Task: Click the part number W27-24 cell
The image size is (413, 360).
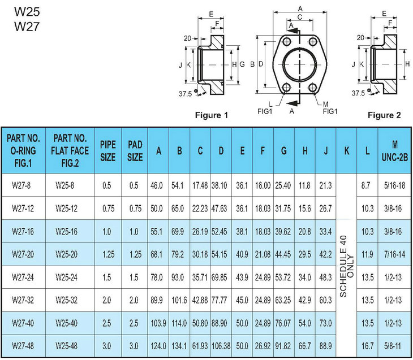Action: point(23,277)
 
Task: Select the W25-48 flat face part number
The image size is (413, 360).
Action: point(66,345)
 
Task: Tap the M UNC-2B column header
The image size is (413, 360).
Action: point(394,151)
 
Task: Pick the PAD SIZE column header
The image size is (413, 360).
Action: point(135,151)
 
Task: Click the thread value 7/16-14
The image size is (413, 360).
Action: point(394,254)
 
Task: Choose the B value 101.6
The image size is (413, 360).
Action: point(179,300)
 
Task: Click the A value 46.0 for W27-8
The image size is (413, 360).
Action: point(157,185)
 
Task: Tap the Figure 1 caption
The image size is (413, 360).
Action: point(211,115)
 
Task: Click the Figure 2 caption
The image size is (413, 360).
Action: point(384,115)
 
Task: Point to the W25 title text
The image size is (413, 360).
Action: point(27,11)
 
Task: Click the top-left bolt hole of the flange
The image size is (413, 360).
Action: point(287,42)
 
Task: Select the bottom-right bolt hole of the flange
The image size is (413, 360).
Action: point(313,87)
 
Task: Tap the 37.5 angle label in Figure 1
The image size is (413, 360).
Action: point(185,94)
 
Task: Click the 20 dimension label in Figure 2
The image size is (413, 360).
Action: point(360,38)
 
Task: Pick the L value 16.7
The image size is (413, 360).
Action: point(367,345)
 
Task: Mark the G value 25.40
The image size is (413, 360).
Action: point(283,185)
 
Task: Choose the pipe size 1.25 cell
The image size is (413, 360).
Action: point(108,254)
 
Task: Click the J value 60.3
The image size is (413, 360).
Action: point(325,300)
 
